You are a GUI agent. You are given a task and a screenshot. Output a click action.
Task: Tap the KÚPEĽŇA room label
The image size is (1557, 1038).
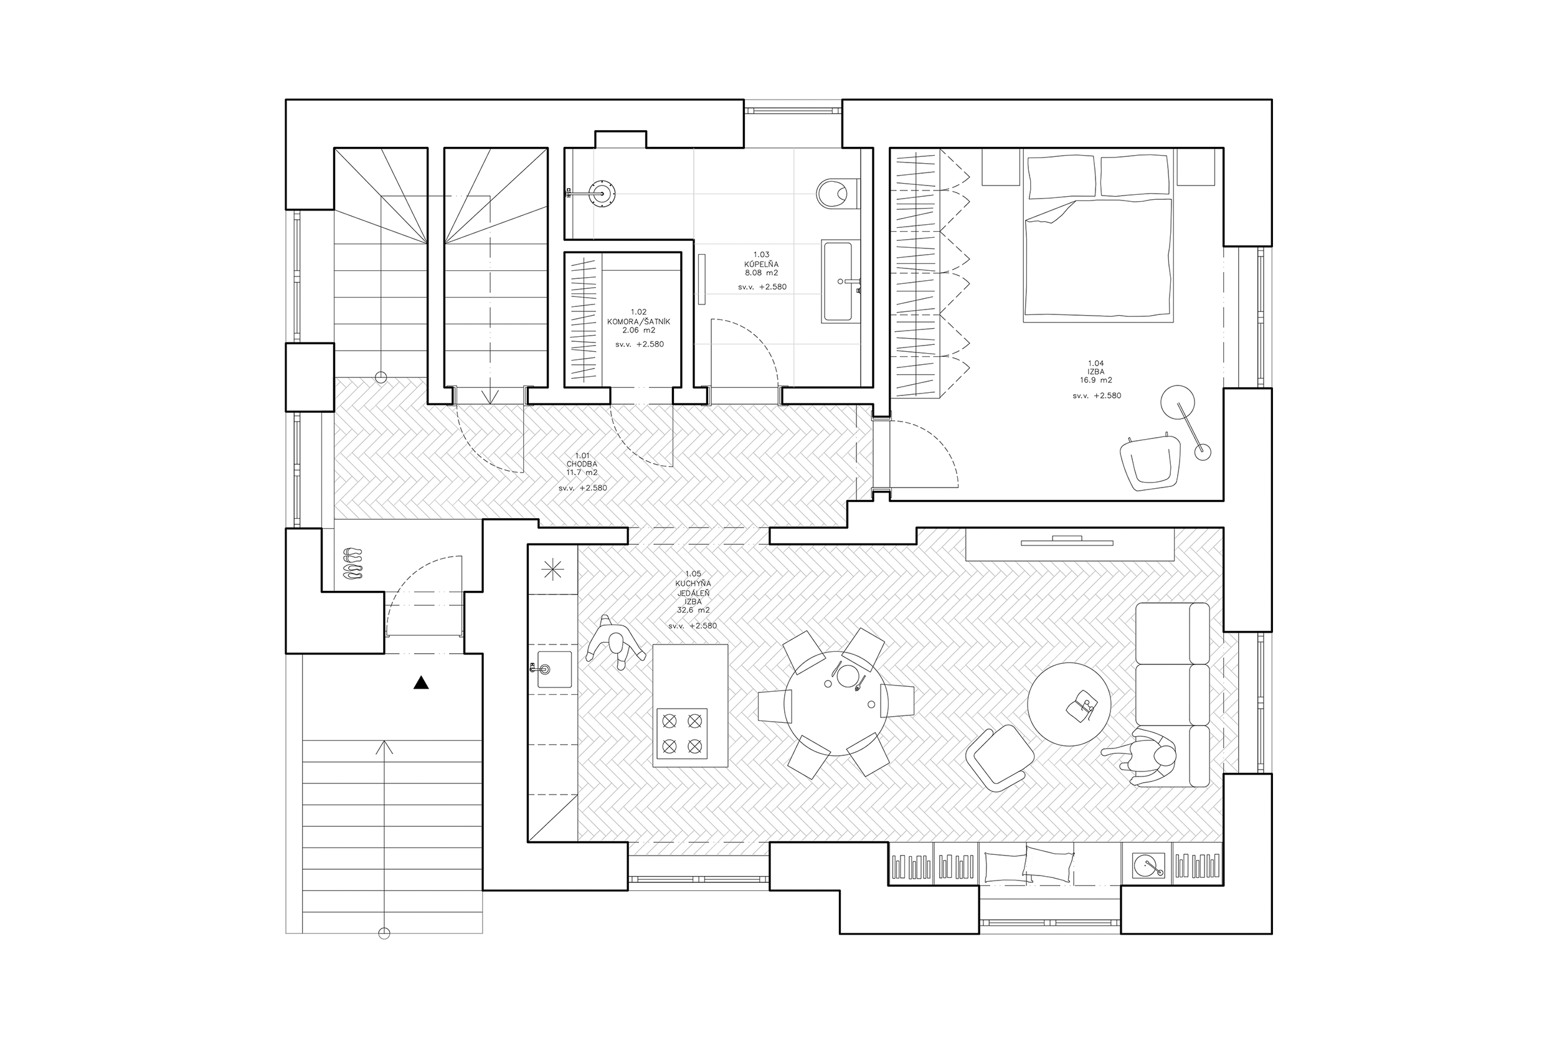[761, 263]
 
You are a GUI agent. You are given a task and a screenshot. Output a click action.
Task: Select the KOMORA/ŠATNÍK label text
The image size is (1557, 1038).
[639, 321]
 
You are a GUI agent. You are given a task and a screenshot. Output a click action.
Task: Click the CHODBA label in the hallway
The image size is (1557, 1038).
[582, 464]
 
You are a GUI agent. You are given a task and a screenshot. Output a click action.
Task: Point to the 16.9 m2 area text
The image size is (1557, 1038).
[1096, 380]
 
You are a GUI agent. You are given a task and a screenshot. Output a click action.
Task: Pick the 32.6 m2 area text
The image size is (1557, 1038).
[693, 610]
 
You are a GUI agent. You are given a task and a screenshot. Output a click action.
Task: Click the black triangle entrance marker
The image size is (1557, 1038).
[421, 682]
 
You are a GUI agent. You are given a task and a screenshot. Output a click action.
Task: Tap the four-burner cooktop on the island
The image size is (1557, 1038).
[682, 733]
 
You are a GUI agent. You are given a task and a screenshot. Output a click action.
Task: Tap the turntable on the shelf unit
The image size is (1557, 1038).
[1148, 864]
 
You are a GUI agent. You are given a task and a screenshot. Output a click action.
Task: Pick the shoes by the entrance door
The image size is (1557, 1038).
[354, 564]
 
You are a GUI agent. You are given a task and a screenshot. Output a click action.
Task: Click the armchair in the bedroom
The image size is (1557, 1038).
[1151, 461]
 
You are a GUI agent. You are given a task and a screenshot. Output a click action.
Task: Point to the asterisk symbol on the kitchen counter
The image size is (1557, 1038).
[553, 569]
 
